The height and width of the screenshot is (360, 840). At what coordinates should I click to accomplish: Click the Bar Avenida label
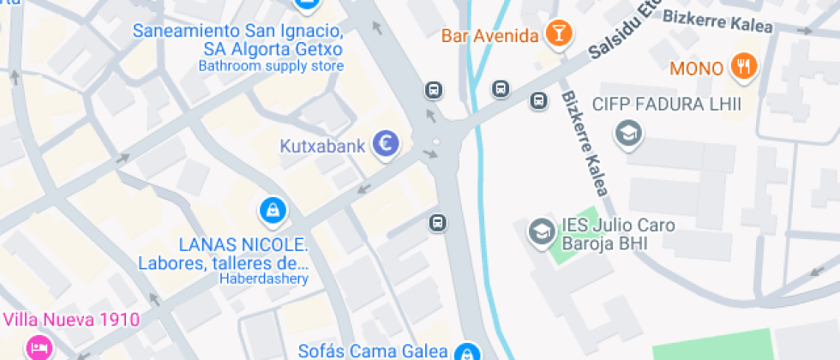[490, 35]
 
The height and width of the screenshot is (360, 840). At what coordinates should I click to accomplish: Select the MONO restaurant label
[697, 68]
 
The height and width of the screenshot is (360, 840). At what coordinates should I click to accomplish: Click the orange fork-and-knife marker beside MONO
[742, 66]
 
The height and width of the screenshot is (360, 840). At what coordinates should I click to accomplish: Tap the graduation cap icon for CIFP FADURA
[629, 133]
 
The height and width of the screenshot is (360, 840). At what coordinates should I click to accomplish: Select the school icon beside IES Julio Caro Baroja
[541, 231]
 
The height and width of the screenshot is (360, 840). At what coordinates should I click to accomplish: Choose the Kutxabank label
[323, 146]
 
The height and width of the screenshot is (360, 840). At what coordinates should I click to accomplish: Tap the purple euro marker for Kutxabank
[386, 145]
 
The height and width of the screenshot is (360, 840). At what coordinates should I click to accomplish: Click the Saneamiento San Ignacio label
[238, 31]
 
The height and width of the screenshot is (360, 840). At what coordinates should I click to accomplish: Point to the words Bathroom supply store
[271, 66]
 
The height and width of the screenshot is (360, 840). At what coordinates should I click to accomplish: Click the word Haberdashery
[265, 279]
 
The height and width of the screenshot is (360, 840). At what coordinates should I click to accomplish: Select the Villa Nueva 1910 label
[71, 321]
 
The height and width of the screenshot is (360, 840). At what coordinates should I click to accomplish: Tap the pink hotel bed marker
[38, 347]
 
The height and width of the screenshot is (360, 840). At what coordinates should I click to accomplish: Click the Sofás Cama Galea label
[373, 350]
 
